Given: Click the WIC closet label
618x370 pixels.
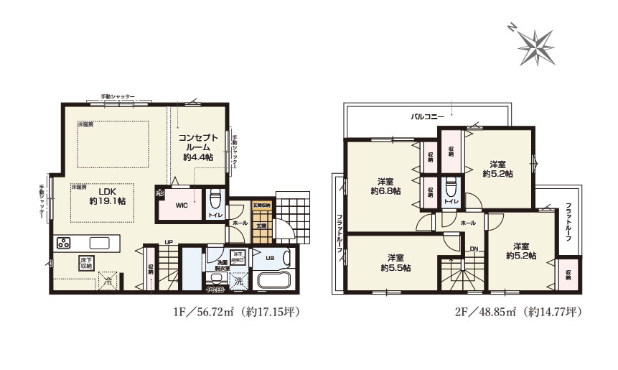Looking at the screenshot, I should coord(183,206).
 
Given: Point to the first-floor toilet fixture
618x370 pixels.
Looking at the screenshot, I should coord(213,198).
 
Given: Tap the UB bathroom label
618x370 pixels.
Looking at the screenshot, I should coord(270,258).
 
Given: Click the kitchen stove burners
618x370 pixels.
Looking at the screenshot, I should coord(62,242).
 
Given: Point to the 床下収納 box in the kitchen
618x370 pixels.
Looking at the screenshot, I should coord(85,263).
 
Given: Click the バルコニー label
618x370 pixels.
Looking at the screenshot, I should coord(426,116).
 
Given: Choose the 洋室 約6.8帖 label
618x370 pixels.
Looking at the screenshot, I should coord(386,186).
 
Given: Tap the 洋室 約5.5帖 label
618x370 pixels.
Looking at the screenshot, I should coord(395,262).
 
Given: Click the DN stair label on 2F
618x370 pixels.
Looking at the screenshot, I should coord(474,249).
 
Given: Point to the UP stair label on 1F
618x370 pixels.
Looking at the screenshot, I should coord(169,242).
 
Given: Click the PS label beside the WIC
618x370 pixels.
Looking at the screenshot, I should coord(160,192).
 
